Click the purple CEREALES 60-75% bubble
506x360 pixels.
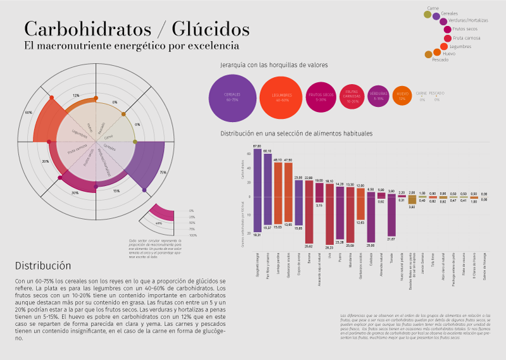pyautogui.click(x=231, y=97)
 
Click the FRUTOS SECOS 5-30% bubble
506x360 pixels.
pyautogui.click(x=321, y=97)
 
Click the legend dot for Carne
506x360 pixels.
pyautogui.click(x=428, y=15)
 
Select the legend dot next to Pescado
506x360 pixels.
pyautogui.click(x=428, y=54)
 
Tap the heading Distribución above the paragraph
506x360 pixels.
pyautogui.click(x=43, y=266)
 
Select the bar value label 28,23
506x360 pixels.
pyautogui.click(x=330, y=247)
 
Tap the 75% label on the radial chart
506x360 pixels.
pyautogui.click(x=163, y=172)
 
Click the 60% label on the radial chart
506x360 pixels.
pyautogui.click(x=28, y=113)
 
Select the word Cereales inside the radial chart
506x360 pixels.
pyautogui.click(x=109, y=149)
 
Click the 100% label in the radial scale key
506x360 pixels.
pyautogui.click(x=192, y=235)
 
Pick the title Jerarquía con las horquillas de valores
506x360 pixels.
pyautogui.click(x=273, y=65)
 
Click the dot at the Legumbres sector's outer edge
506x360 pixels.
pyautogui.click(x=51, y=98)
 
